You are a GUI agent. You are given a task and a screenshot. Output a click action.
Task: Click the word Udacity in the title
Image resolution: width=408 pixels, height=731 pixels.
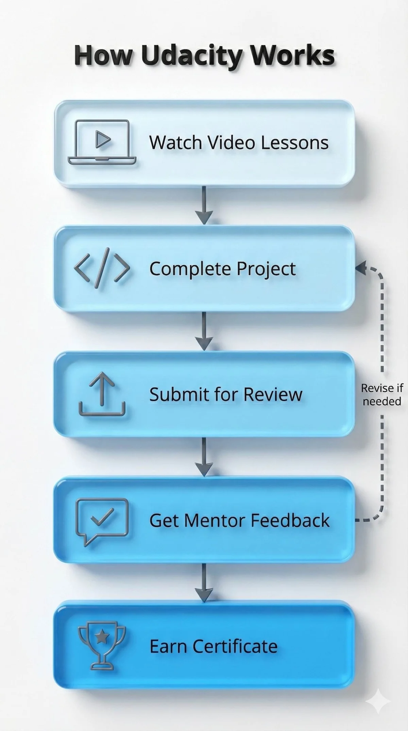[x=190, y=56]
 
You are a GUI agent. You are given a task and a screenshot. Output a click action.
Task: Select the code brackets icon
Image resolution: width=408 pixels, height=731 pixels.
[x=102, y=268]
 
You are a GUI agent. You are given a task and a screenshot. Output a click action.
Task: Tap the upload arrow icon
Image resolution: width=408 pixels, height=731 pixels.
[x=102, y=394]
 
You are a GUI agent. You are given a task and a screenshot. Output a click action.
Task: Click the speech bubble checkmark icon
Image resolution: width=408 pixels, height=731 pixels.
[x=102, y=520]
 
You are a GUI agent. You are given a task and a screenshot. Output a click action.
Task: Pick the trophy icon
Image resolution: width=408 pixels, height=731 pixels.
[x=102, y=646]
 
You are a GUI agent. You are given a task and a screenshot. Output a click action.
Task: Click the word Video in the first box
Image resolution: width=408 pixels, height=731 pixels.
[x=231, y=142]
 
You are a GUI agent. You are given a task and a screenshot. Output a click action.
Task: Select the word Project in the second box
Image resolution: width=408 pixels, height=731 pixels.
[x=266, y=269]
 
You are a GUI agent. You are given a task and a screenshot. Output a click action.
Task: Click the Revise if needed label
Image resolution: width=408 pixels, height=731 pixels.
[x=382, y=394]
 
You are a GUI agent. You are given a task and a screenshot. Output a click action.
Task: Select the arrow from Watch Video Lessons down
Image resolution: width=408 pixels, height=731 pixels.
[x=204, y=206]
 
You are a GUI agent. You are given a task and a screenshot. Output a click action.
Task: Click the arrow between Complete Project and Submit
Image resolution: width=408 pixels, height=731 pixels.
[x=204, y=332]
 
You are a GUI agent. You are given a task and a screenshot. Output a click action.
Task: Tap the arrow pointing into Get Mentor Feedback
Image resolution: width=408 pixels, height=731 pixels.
[x=204, y=458]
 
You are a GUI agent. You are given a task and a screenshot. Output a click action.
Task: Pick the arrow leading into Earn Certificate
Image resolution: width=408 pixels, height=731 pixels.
[x=204, y=583]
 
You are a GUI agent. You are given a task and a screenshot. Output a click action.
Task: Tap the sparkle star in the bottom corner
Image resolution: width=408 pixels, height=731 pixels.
[x=378, y=710]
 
